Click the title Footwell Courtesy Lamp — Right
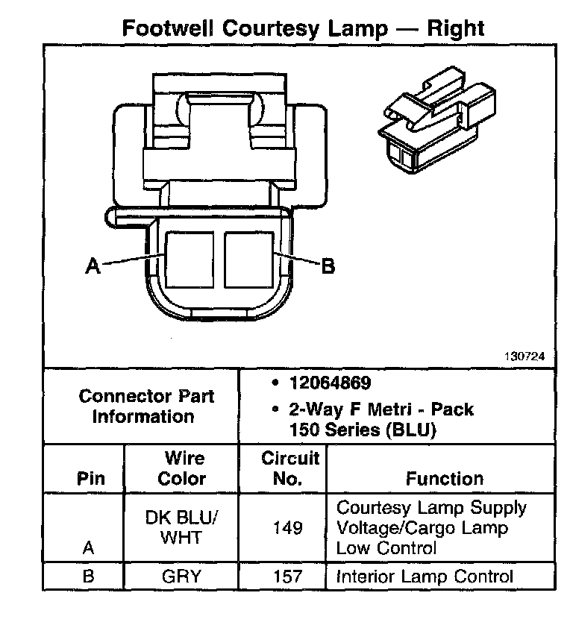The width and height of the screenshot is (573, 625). pos(302,28)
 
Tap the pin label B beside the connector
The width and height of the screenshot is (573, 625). pos(328,266)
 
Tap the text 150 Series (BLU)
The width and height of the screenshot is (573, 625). pos(362,430)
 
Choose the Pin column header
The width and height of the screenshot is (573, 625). pos(91,479)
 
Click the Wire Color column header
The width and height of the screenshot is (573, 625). pos(181,468)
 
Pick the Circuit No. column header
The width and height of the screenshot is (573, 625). pos(289,468)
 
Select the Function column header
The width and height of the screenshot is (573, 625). pos(444,479)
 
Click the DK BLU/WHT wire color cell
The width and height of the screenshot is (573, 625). pos(181,527)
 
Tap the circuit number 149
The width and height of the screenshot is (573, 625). pos(288,528)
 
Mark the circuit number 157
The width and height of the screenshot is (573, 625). pos(288,577)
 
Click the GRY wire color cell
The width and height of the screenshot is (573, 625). pos(181,577)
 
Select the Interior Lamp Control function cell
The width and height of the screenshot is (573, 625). pos(425,577)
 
